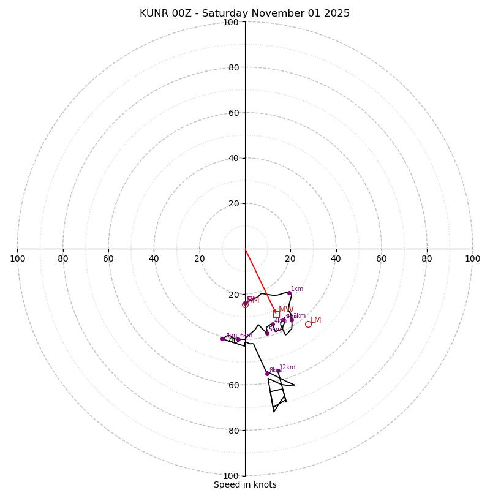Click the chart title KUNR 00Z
(x=244, y=13)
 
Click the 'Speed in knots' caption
(x=245, y=484)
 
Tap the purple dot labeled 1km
(x=289, y=293)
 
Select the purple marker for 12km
(x=278, y=371)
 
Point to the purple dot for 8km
(x=267, y=374)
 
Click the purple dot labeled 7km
(x=222, y=339)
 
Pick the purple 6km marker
(x=238, y=339)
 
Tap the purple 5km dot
(x=267, y=333)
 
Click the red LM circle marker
(x=308, y=324)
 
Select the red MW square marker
(x=276, y=314)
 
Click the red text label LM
(x=315, y=320)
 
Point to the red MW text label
(x=286, y=309)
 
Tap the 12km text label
(x=287, y=367)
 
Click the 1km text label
(x=297, y=289)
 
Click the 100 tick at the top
(x=231, y=22)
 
